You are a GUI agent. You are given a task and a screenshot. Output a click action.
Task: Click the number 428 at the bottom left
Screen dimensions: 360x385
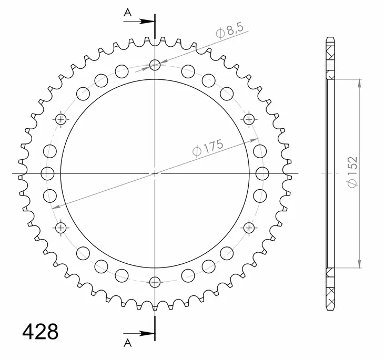(x=40, y=332)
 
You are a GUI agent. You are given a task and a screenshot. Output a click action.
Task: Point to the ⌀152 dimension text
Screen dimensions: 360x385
(x=352, y=171)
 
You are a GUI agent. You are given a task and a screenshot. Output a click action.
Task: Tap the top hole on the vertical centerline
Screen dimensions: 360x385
(x=155, y=65)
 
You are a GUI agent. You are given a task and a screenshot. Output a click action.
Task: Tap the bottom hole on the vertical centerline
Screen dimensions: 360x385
(x=155, y=282)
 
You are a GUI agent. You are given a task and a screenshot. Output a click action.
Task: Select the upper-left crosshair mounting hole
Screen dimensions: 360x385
(x=62, y=119)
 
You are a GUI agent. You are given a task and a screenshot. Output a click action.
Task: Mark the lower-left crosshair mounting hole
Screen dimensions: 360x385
(x=62, y=228)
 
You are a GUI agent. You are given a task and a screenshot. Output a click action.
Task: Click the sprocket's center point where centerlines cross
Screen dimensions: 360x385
(x=155, y=173)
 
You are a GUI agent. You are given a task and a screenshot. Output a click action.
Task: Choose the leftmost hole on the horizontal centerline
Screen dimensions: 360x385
(x=47, y=173)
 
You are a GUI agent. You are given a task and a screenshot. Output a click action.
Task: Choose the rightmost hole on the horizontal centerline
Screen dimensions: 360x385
(x=264, y=173)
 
